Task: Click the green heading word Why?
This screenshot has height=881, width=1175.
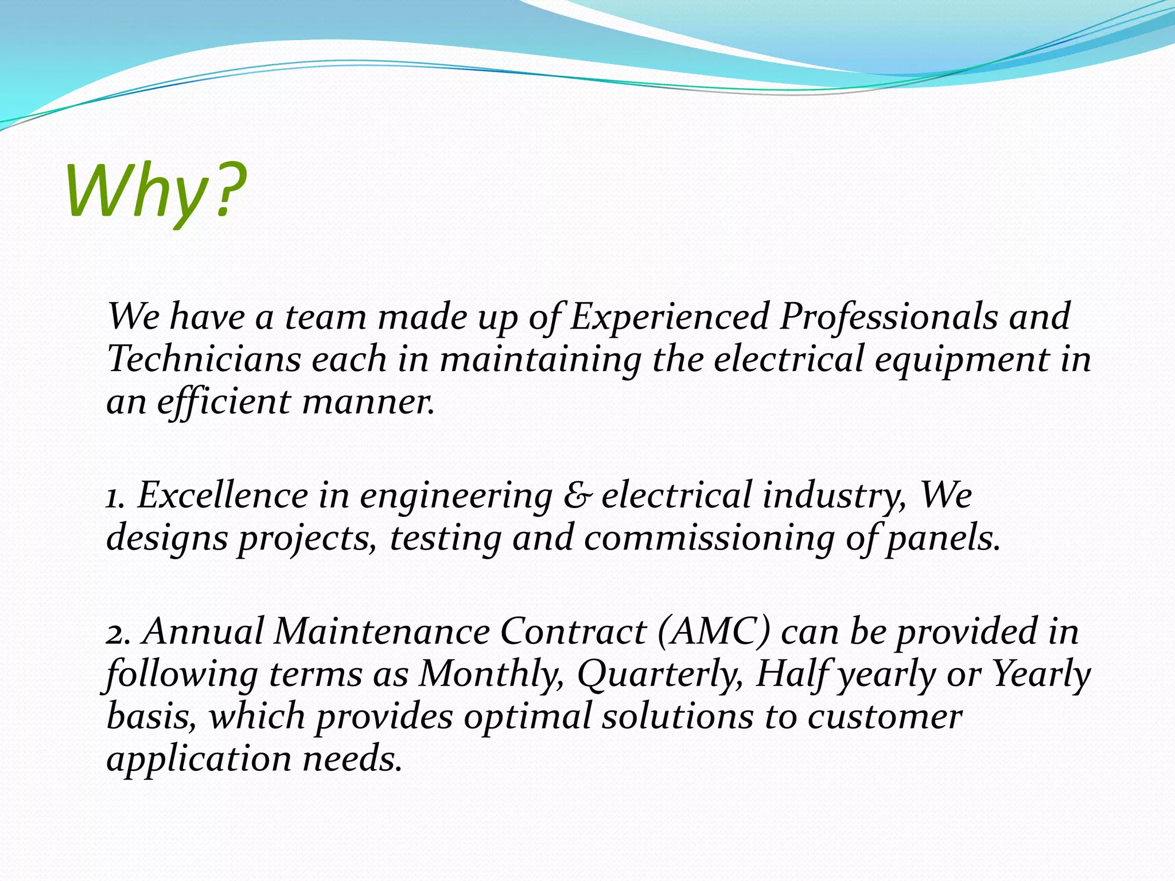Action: tap(156, 192)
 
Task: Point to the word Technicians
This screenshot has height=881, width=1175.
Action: tap(204, 359)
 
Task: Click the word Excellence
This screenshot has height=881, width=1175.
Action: tap(223, 495)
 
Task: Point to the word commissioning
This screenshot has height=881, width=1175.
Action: tap(709, 538)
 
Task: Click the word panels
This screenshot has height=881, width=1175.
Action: tap(943, 538)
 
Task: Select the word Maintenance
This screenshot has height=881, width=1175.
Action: tap(382, 631)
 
